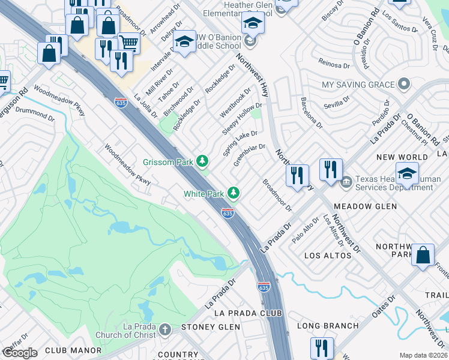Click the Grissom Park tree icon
(203, 161)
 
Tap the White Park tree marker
(234, 193)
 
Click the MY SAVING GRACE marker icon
(404, 85)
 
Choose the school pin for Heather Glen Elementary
(253, 23)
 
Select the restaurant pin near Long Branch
(322, 348)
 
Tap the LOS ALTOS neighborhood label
(328, 256)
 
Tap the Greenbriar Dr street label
(249, 155)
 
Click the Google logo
(20, 353)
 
